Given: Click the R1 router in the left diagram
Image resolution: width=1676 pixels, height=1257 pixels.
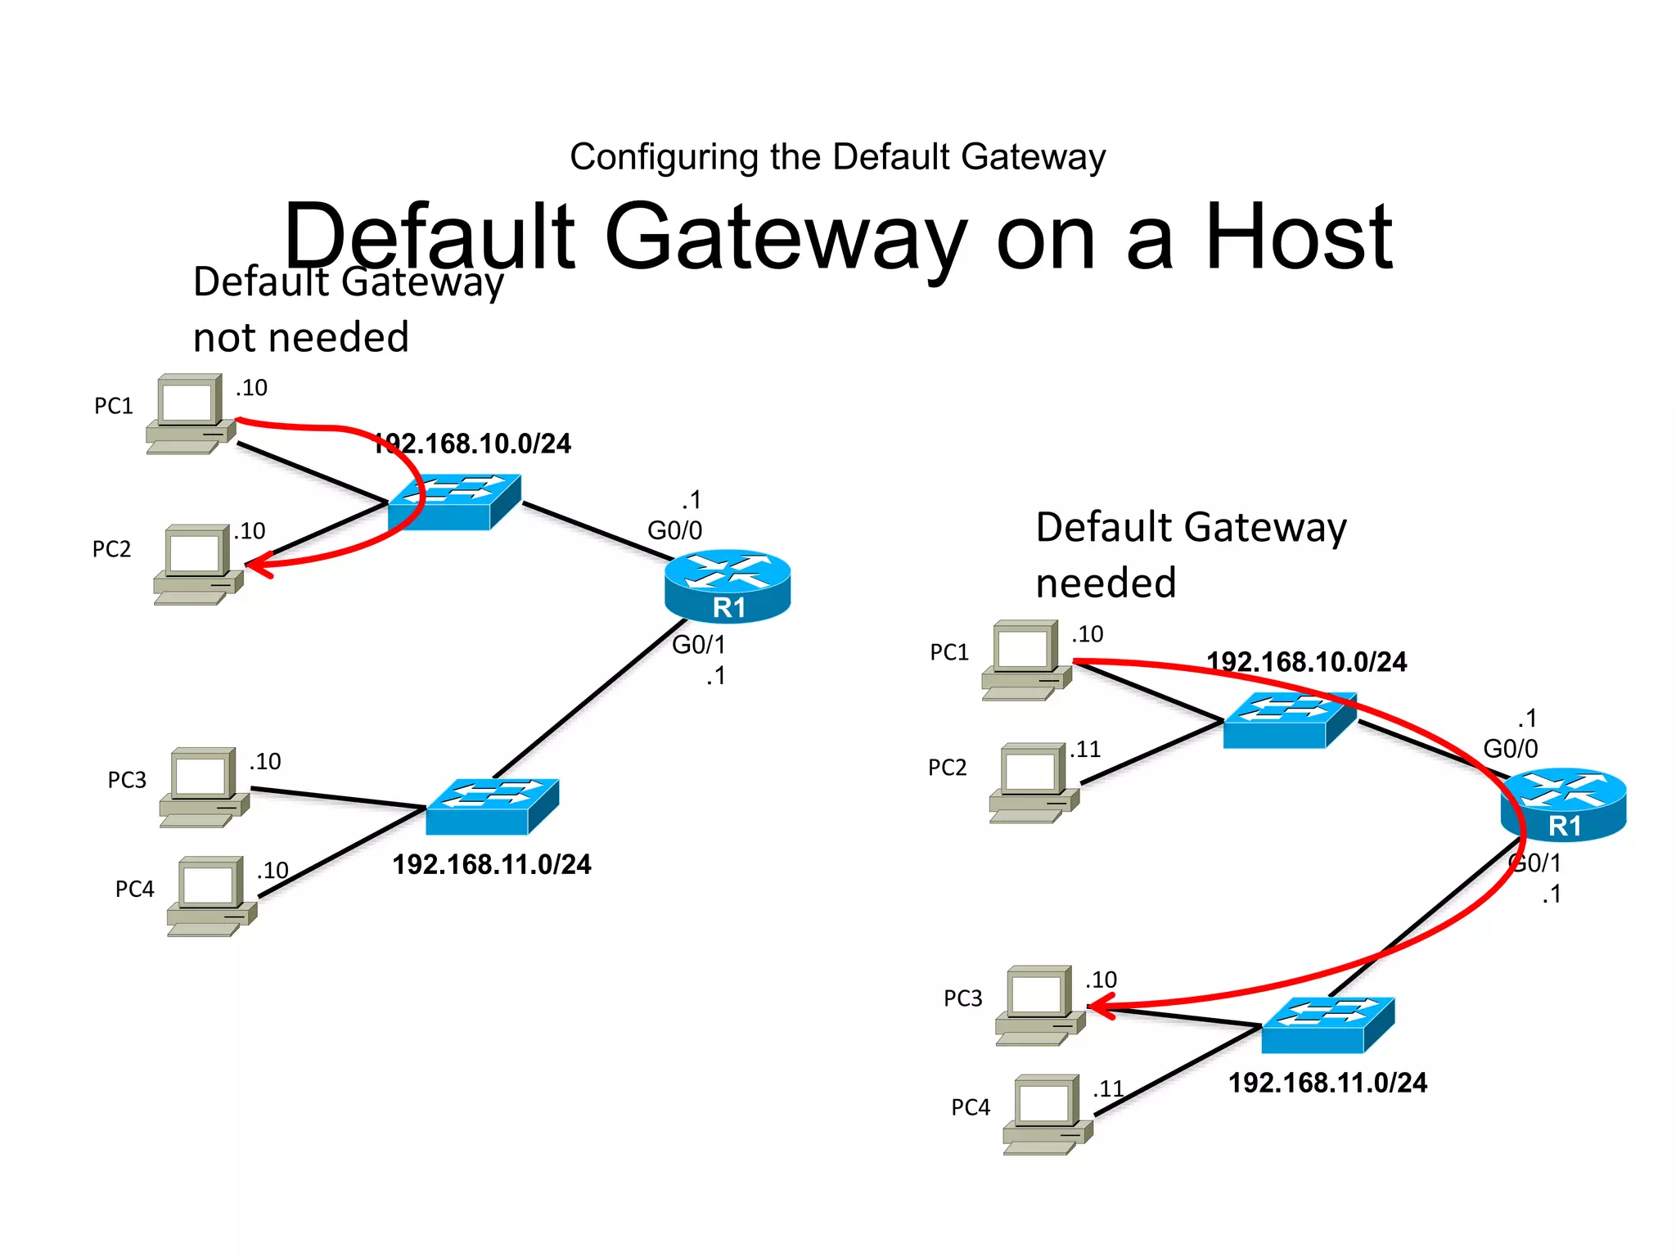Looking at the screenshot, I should point(728,586).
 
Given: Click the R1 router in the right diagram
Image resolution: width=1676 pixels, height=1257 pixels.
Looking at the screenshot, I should point(1563,805).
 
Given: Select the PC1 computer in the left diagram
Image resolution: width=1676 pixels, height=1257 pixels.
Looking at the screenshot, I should point(191,413).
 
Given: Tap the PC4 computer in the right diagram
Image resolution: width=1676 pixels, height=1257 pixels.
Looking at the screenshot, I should point(1047,1114).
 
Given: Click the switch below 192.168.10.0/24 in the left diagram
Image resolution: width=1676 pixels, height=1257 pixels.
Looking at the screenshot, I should point(454,502).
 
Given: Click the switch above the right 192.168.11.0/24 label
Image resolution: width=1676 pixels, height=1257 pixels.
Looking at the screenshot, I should point(1327,1025).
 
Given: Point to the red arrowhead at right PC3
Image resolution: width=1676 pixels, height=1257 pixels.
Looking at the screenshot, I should point(1099,1006).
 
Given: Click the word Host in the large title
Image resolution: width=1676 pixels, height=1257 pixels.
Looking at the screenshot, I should point(1298,237).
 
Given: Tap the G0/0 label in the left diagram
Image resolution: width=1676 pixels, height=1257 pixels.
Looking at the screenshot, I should point(674,530).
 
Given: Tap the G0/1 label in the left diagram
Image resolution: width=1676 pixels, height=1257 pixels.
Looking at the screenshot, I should point(698,645).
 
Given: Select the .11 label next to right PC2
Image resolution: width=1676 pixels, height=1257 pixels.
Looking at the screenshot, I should point(1086,749).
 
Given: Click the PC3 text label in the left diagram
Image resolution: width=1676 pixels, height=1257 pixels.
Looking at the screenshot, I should point(127,780).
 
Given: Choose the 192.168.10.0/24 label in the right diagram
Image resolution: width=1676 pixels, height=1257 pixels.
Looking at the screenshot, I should point(1306,661).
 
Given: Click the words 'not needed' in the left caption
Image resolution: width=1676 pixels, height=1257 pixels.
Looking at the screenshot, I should point(300,337).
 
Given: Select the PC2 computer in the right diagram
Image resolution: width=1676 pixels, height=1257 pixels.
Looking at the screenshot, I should point(1034,782).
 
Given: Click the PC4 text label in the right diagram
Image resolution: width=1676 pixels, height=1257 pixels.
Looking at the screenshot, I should point(970,1107).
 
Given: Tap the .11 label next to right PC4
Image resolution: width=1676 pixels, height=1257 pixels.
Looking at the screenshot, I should point(1108,1088).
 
